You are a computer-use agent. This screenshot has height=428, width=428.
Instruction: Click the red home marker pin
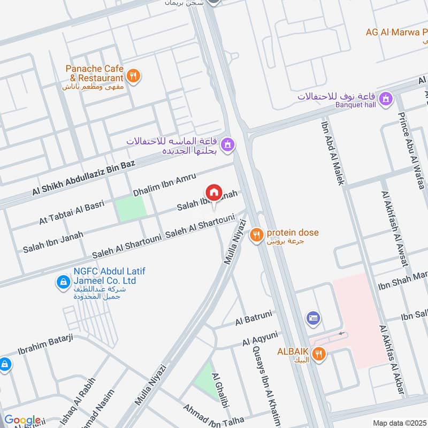(x=213, y=193)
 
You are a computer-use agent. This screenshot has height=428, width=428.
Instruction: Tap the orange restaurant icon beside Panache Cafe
(x=134, y=75)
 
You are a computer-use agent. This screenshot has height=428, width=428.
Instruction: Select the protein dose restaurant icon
(x=257, y=233)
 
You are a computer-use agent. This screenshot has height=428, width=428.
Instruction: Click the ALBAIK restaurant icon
(x=319, y=353)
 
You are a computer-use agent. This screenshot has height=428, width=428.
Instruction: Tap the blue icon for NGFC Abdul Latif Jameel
(x=64, y=281)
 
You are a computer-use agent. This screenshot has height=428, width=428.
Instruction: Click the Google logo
(x=22, y=420)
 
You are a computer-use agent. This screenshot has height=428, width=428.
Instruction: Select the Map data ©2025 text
(x=399, y=423)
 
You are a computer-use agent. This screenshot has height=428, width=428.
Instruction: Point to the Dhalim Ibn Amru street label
(x=165, y=184)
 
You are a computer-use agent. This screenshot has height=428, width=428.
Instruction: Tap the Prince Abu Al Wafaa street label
(x=410, y=150)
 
